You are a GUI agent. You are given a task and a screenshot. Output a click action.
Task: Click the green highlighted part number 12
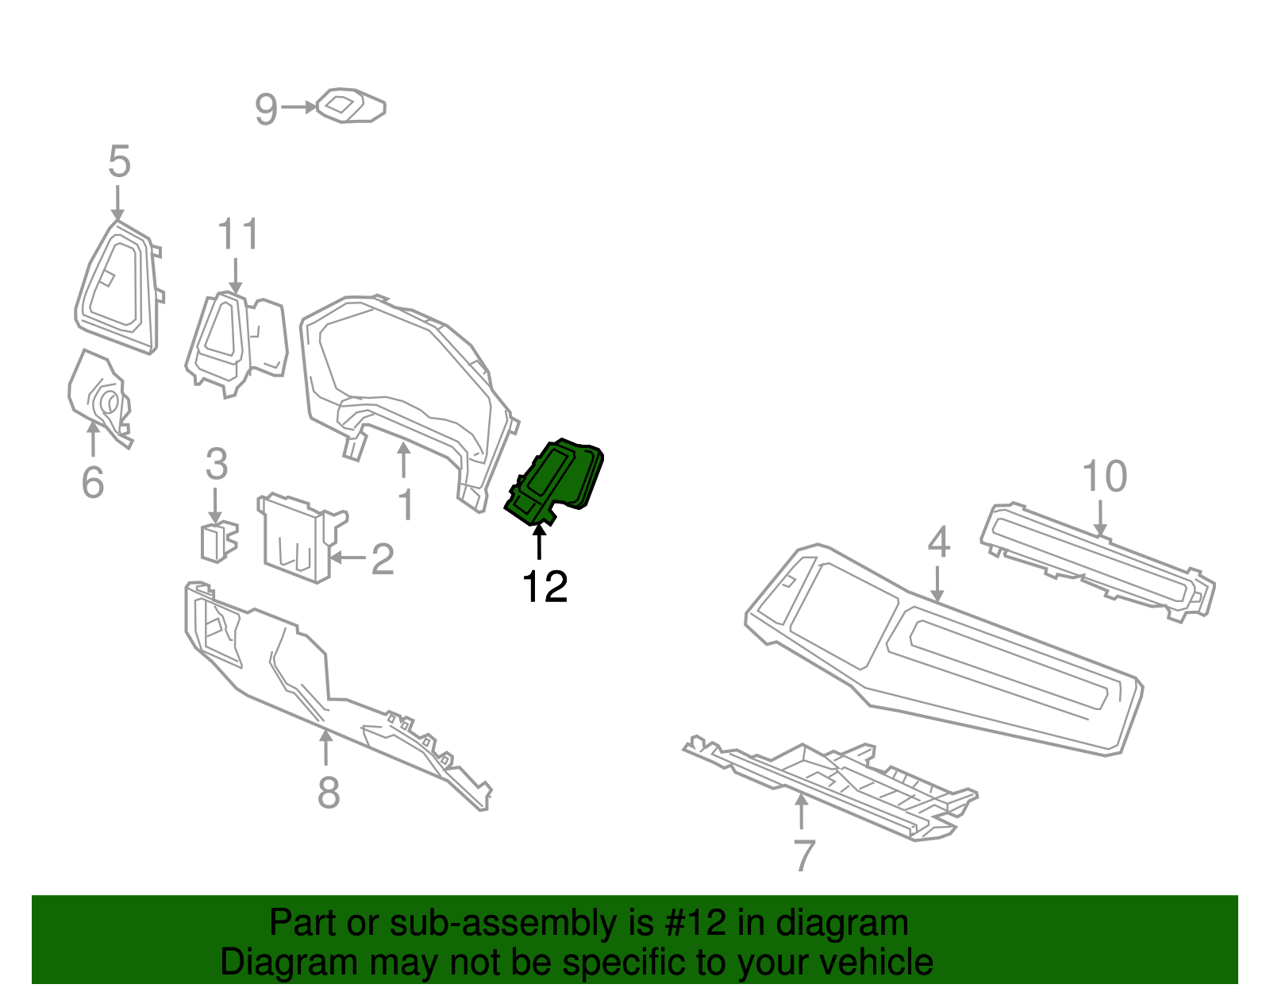click(x=556, y=481)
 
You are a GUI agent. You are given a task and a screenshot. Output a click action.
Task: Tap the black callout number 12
click(x=545, y=587)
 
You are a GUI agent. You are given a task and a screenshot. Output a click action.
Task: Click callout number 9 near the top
click(x=266, y=109)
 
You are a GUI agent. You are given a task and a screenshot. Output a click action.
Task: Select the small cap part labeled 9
click(x=351, y=106)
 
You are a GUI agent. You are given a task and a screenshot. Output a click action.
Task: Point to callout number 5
click(x=119, y=162)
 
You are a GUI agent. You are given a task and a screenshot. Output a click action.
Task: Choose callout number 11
click(x=238, y=235)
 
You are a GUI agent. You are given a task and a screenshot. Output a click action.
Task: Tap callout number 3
click(x=216, y=465)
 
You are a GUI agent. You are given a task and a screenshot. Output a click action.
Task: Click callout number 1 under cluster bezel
click(x=406, y=505)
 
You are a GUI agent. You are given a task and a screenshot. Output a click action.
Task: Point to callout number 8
click(x=329, y=793)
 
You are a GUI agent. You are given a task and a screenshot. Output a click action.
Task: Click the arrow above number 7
click(x=802, y=812)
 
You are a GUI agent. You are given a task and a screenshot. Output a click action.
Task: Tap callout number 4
click(x=938, y=542)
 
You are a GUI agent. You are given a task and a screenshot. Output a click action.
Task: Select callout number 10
click(x=1104, y=477)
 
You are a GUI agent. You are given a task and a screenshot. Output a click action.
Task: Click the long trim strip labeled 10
click(x=1099, y=560)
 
